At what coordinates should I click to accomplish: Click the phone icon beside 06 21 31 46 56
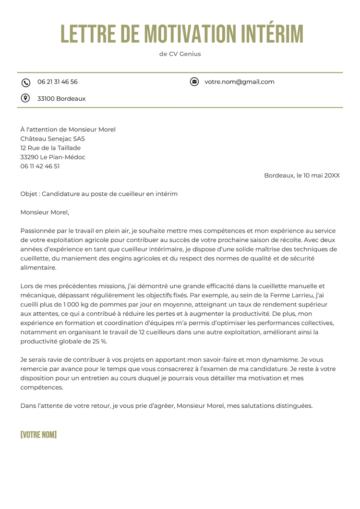click(26, 83)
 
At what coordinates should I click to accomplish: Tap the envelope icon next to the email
click(194, 82)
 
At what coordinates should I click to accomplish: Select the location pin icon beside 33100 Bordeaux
click(25, 98)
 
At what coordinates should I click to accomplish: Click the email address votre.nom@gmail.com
click(240, 82)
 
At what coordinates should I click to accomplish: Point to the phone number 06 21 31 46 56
click(58, 82)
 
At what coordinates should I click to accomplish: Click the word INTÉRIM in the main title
click(272, 34)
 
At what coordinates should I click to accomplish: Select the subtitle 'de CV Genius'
click(180, 54)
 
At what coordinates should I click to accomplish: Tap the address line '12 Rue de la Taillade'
click(50, 148)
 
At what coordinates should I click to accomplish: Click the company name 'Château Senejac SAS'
click(52, 139)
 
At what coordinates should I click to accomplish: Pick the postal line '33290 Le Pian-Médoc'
click(53, 157)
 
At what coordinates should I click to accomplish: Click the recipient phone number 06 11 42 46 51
click(40, 166)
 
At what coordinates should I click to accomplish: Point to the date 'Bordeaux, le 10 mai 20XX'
click(302, 176)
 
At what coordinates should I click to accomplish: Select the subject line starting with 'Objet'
click(99, 194)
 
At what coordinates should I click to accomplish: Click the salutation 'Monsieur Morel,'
click(45, 213)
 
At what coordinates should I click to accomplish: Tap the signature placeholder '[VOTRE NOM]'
click(38, 435)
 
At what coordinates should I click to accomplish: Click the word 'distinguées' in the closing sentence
click(294, 406)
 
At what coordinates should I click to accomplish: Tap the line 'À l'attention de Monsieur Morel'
click(68, 130)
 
